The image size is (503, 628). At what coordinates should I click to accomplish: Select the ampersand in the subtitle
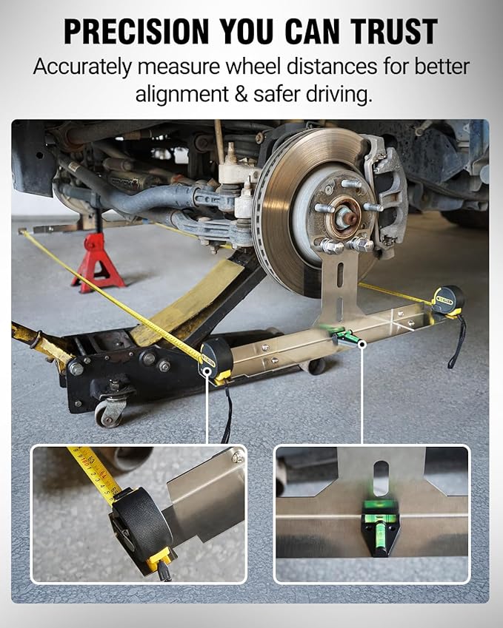[x=241, y=94]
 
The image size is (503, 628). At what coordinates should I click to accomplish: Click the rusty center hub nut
[x=347, y=218]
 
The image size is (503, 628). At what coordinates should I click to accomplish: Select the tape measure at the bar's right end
[x=448, y=300]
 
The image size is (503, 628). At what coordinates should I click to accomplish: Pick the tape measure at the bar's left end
[x=216, y=359]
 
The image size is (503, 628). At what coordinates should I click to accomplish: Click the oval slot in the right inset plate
[x=380, y=478]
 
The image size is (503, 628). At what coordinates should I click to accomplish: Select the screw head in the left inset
[x=238, y=456]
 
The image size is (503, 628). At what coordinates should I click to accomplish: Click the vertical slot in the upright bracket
[x=340, y=276]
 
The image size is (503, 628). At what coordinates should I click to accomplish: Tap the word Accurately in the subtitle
[x=83, y=67]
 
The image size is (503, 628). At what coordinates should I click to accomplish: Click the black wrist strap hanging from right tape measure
[x=456, y=340]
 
